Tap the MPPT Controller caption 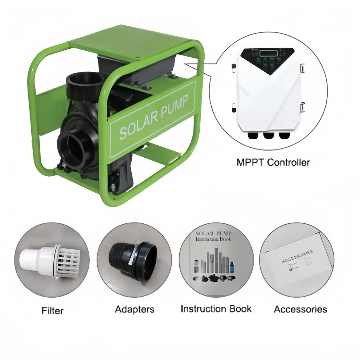coord(273,163)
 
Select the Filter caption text coord(52,311)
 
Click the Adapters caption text coord(135,309)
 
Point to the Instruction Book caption coord(216,309)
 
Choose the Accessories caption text coord(300,309)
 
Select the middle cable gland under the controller coord(268,135)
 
